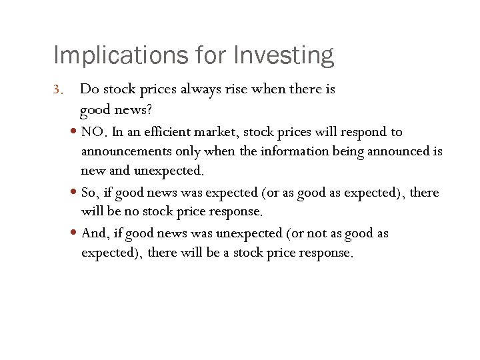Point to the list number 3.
pyautogui.click(x=58, y=89)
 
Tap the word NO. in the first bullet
pyautogui.click(x=94, y=132)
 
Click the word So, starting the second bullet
pyautogui.click(x=90, y=193)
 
